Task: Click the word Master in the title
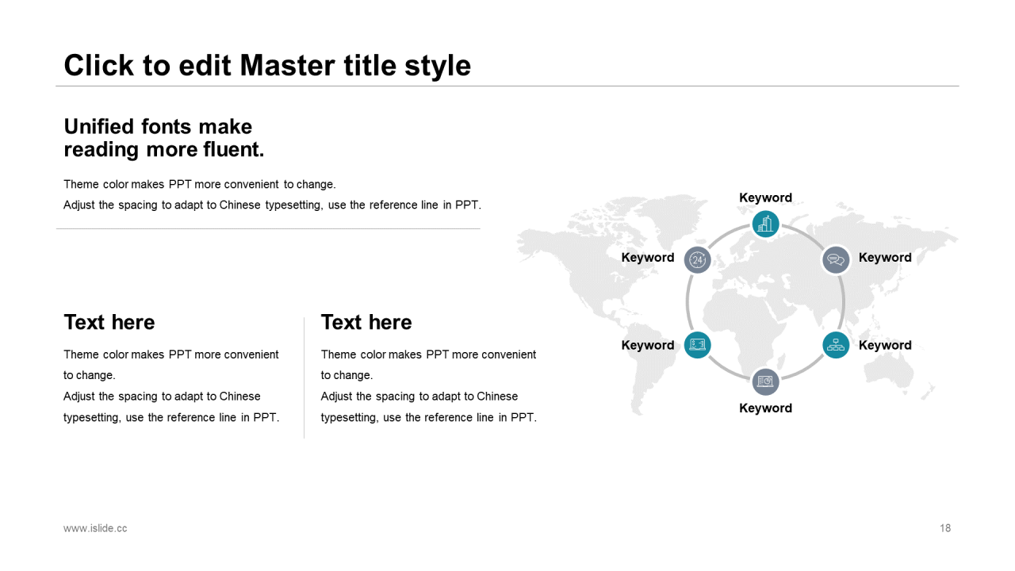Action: click(x=287, y=65)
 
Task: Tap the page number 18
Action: click(x=944, y=528)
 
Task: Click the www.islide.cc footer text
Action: click(x=95, y=528)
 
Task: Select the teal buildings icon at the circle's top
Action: click(x=765, y=224)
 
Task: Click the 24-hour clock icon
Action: click(x=697, y=259)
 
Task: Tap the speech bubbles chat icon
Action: click(x=836, y=259)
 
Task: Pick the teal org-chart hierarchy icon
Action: click(x=836, y=345)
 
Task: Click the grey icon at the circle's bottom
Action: click(x=765, y=381)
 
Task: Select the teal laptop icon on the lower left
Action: click(x=697, y=345)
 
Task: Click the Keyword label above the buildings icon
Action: click(x=765, y=197)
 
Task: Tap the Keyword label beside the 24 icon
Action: click(x=648, y=258)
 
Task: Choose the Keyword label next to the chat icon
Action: click(x=885, y=258)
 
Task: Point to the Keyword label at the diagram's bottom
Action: click(x=765, y=408)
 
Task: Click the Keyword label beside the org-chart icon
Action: click(x=885, y=345)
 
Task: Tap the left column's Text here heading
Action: click(x=109, y=322)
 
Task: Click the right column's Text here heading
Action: click(x=366, y=322)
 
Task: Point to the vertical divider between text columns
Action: click(x=304, y=377)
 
